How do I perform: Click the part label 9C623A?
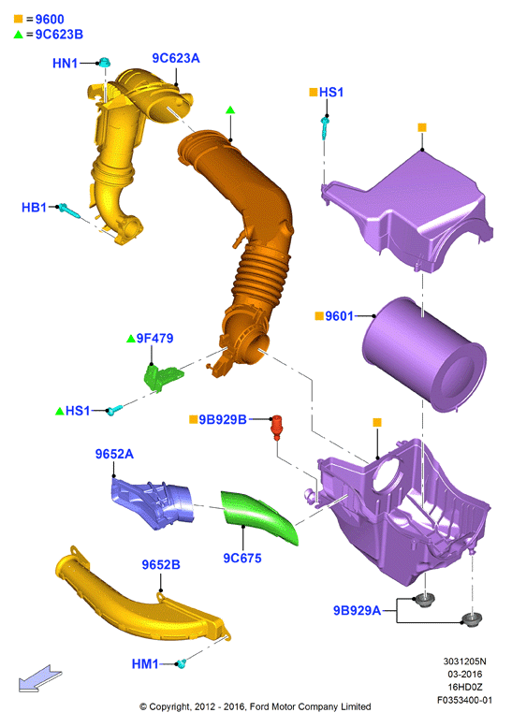click(x=176, y=58)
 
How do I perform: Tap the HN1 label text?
click(x=65, y=63)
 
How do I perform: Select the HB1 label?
click(x=34, y=208)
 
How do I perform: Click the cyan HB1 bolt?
click(x=68, y=211)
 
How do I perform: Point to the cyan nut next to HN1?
click(x=105, y=62)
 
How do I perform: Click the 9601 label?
click(x=339, y=316)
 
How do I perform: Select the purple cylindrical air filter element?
click(x=423, y=355)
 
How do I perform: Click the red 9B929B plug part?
click(x=276, y=427)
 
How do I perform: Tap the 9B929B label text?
click(x=223, y=419)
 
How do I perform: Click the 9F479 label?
click(x=154, y=339)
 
